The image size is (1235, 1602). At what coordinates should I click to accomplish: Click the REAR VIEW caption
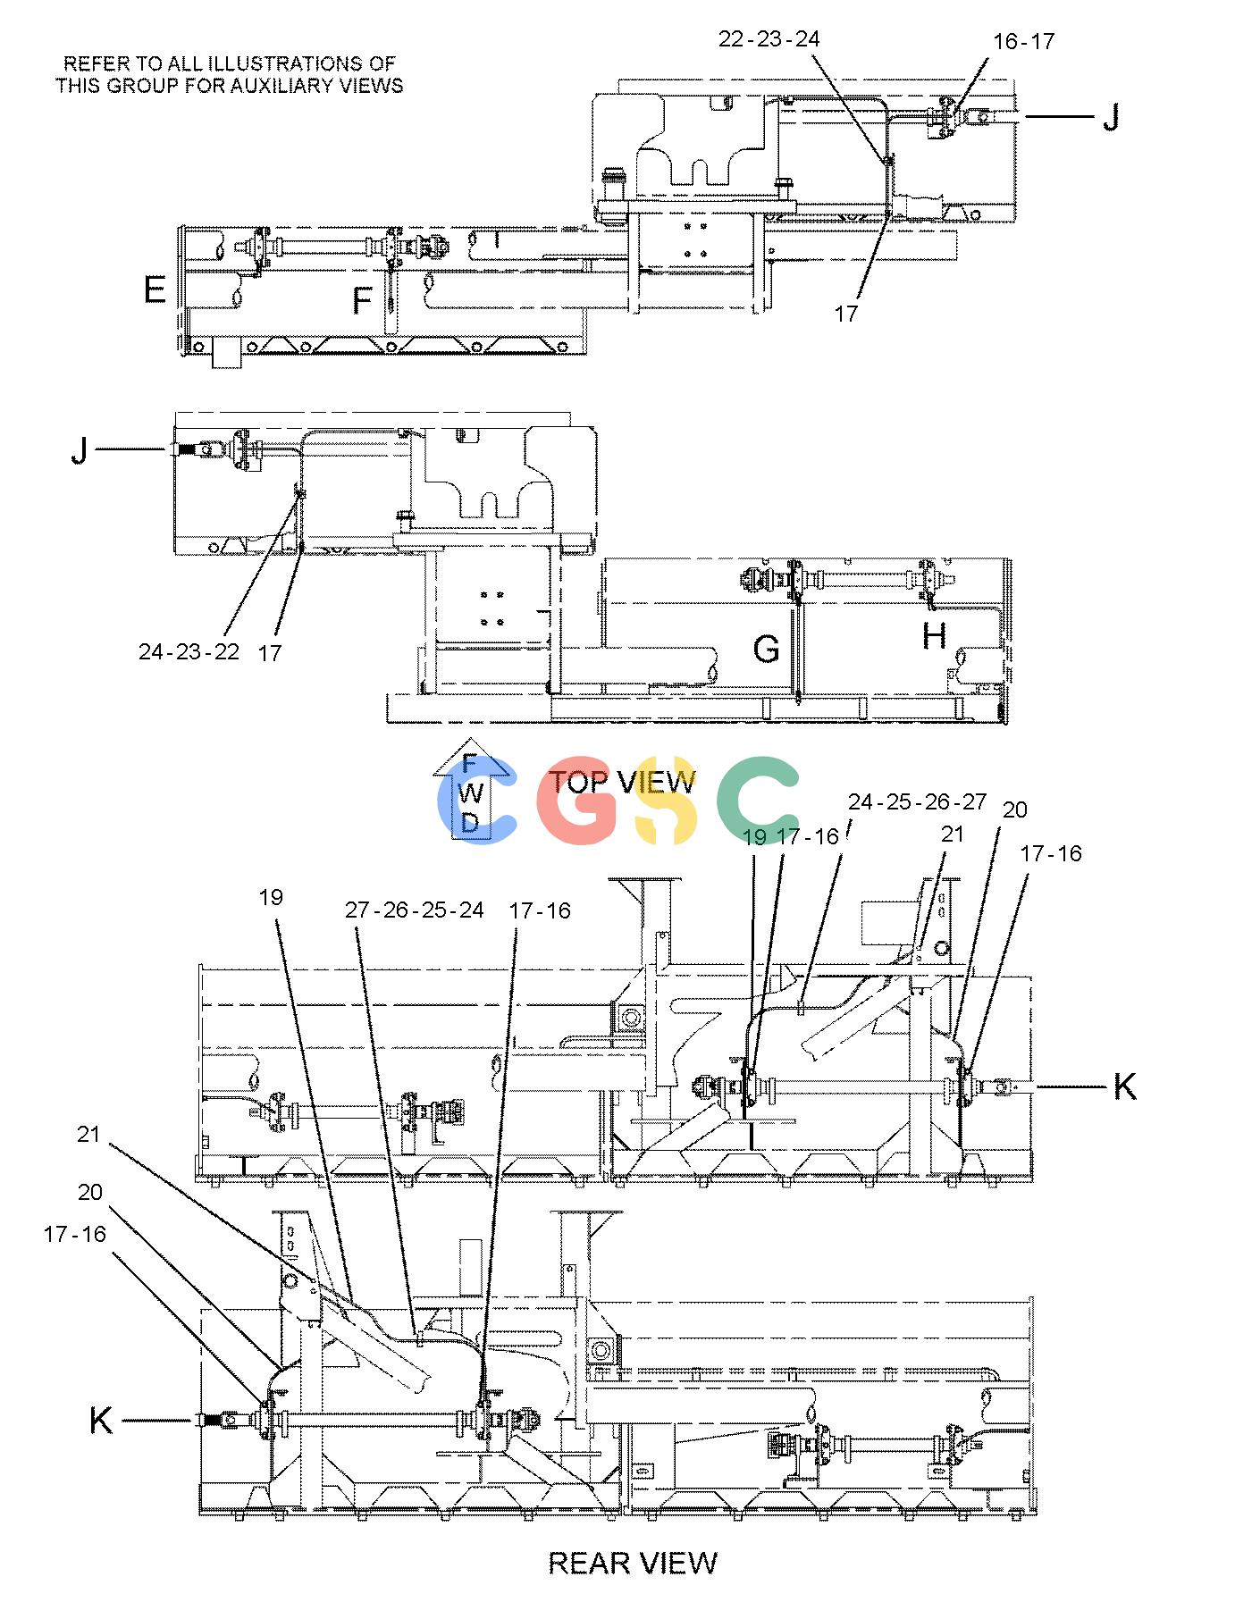[633, 1563]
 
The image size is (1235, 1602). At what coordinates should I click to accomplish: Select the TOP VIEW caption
[622, 782]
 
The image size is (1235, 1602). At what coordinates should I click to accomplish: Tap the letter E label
[155, 290]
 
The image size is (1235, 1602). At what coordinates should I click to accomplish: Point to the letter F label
[362, 301]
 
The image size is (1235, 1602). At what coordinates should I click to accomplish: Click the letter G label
[766, 649]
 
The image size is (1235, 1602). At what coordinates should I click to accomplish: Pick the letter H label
[934, 636]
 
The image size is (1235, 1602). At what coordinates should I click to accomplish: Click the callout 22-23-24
[769, 38]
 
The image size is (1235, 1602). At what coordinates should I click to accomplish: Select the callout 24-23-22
[189, 651]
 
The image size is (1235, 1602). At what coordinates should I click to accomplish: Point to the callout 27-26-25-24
[415, 910]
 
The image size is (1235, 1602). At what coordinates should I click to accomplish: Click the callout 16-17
[1023, 41]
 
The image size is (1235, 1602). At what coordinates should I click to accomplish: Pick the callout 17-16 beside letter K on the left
[74, 1234]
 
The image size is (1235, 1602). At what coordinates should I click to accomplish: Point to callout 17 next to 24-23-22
[270, 653]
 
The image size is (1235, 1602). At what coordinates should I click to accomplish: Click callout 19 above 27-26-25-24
[271, 897]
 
